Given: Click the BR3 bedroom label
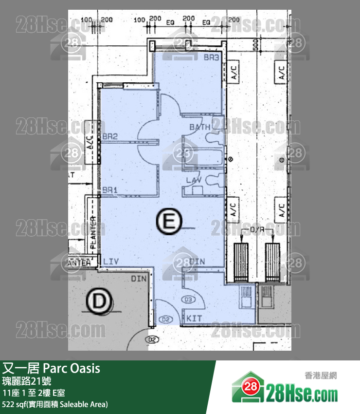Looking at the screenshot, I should pyautogui.click(x=212, y=57).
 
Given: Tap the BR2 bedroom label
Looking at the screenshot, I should pyautogui.click(x=110, y=137).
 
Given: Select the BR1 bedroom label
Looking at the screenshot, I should pyautogui.click(x=110, y=190).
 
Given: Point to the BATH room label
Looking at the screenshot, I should pyautogui.click(x=200, y=127).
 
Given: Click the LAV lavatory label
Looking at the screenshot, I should pyautogui.click(x=195, y=180).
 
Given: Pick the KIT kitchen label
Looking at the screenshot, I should pyautogui.click(x=195, y=318).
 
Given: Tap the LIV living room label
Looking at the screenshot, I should pyautogui.click(x=111, y=262).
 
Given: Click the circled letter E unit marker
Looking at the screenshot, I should pyautogui.click(x=169, y=223).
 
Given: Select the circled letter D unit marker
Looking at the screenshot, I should pyautogui.click(x=99, y=301).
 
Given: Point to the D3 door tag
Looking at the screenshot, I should pyautogui.click(x=188, y=299).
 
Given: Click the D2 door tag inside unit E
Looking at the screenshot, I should pyautogui.click(x=166, y=320).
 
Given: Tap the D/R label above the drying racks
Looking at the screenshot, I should pyautogui.click(x=257, y=229).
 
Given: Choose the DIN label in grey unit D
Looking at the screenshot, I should pyautogui.click(x=139, y=279).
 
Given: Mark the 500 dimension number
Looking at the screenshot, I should pyautogui.click(x=255, y=47).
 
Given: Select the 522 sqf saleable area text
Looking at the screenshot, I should pyautogui.click(x=55, y=404).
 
